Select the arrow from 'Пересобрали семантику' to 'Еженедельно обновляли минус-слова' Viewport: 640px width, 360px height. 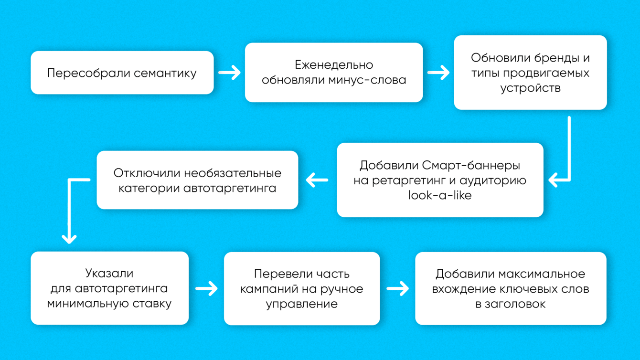229,73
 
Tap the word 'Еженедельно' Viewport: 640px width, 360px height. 333,65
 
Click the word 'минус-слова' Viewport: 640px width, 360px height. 367,80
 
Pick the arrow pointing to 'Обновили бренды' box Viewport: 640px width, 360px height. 438,73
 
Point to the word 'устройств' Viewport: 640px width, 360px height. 530,88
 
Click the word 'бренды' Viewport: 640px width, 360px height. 554,58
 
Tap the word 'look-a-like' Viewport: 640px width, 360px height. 439,195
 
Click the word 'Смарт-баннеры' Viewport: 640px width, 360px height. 471,166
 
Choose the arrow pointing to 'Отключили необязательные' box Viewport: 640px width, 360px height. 317,180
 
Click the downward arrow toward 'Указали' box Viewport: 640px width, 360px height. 70,210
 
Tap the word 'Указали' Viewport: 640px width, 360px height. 109,274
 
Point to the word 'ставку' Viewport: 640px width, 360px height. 153,303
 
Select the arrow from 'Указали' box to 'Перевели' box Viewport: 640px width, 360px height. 206,288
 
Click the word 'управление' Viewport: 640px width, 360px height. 301,304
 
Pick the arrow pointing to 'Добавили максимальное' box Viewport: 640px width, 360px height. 397,288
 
